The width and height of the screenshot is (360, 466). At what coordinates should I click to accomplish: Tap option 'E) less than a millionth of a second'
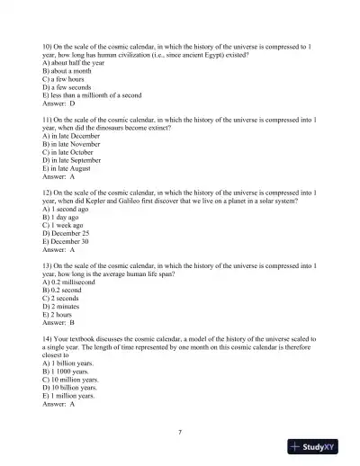point(94,95)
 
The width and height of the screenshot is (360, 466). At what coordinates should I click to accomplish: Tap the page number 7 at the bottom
point(180,433)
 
